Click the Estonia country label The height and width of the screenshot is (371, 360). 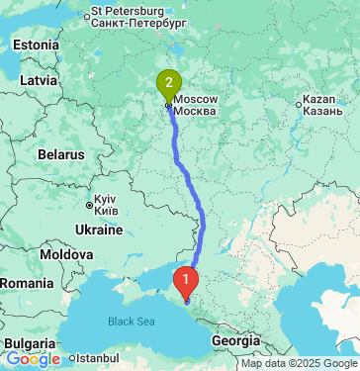(37, 46)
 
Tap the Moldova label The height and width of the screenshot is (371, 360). (66, 254)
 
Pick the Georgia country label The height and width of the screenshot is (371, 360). (235, 339)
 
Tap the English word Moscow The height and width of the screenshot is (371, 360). (203, 101)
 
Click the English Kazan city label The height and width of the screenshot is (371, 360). (324, 101)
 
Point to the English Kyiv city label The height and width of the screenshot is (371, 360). (108, 198)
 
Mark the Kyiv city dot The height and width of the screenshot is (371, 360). (90, 205)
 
